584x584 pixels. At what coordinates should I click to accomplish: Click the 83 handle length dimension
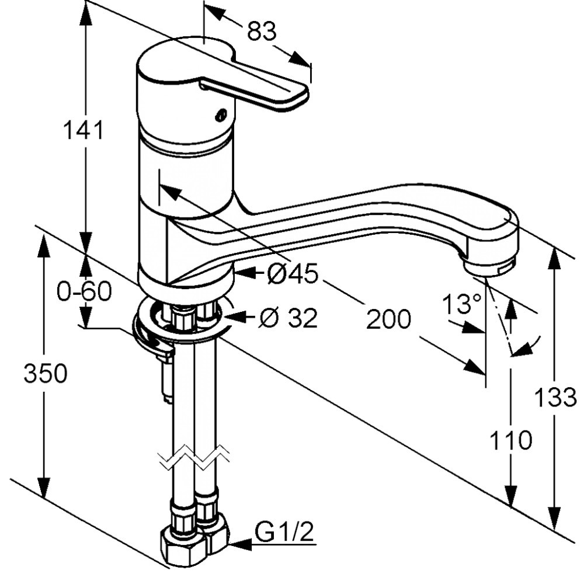[x=262, y=32]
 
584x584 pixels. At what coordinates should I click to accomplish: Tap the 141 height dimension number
[x=84, y=130]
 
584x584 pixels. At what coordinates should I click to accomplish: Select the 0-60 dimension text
[x=84, y=291]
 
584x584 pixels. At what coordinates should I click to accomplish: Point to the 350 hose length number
[x=46, y=373]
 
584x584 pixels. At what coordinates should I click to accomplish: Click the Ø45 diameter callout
[x=293, y=274]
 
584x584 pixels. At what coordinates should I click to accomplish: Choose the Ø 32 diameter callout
[x=288, y=318]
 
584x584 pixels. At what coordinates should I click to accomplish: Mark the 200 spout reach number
[x=388, y=319]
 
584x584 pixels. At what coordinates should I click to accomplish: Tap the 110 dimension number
[x=510, y=440]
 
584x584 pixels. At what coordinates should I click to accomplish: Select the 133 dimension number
[x=555, y=397]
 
